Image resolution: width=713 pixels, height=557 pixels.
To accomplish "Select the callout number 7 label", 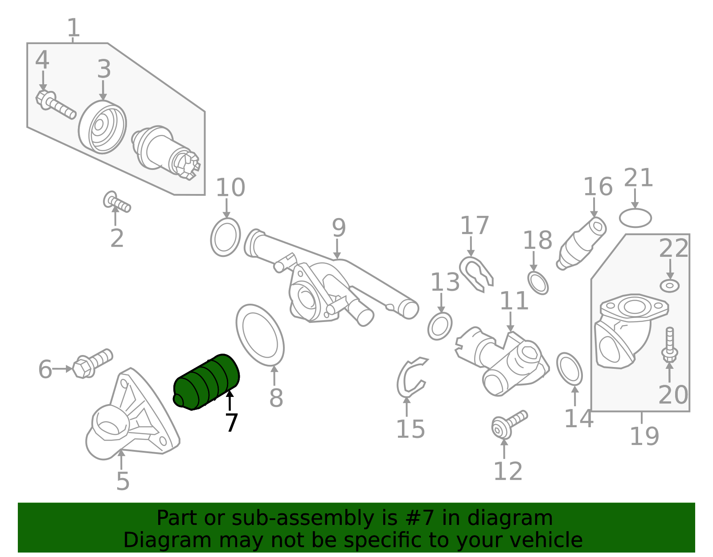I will click(x=231, y=423).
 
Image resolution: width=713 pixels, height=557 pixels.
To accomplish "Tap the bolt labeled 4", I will click(x=55, y=105).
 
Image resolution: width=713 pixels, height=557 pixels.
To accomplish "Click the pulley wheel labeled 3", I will click(x=103, y=128).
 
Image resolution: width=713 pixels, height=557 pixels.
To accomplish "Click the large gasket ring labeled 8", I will click(x=260, y=334).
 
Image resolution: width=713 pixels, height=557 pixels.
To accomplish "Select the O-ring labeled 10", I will click(x=225, y=237).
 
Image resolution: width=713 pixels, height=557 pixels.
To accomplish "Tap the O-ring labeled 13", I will click(x=440, y=326).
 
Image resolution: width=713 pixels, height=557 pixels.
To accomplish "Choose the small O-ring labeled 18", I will click(x=538, y=283).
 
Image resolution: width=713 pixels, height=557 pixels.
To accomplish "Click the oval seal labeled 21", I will click(x=635, y=218).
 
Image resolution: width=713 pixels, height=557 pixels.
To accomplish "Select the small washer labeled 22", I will click(x=669, y=285).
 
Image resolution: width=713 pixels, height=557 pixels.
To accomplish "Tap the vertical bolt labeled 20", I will click(x=669, y=345).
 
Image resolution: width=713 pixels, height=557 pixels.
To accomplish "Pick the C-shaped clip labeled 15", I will click(x=410, y=377).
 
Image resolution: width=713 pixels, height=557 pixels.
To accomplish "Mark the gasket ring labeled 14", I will click(x=570, y=369).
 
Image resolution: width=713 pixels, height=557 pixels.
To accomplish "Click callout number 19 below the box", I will click(x=644, y=436).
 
